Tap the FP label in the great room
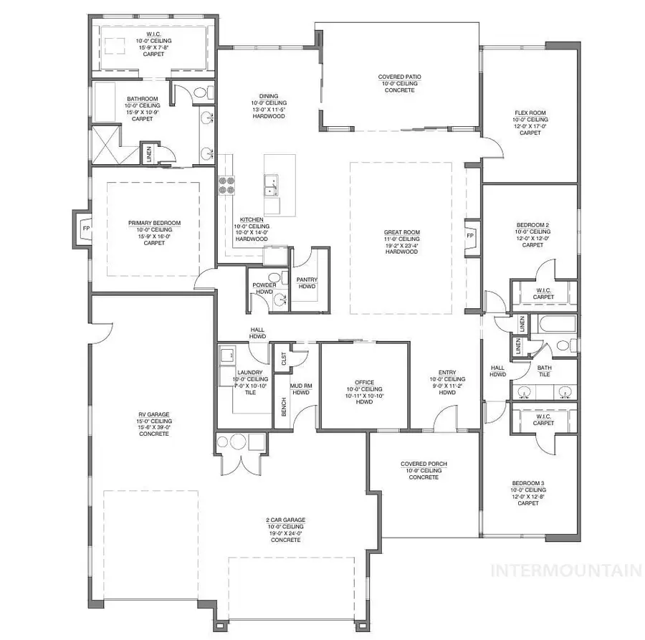[471, 235]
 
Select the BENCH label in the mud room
[283, 408]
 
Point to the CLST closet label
[284, 358]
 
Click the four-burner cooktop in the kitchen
[227, 186]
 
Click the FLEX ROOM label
[530, 113]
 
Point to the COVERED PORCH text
[424, 464]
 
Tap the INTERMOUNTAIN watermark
[565, 570]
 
